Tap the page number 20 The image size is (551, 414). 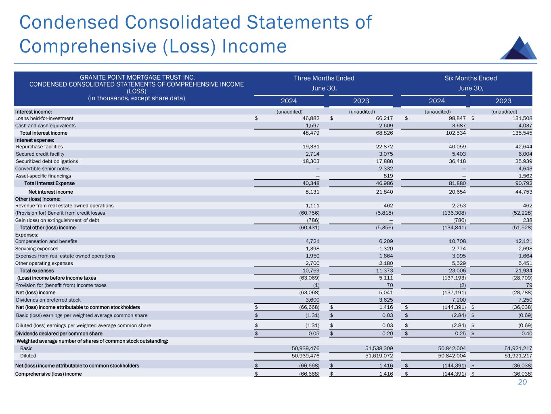pos(522,382)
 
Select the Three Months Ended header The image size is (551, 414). pos(324,78)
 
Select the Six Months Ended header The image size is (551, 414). pos(471,78)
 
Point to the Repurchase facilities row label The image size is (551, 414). pos(39,147)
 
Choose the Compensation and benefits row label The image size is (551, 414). pos(46,241)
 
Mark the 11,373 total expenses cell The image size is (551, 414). pos(384,270)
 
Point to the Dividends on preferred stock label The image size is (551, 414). pos(48,300)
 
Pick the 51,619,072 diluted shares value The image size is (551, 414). pos(376,356)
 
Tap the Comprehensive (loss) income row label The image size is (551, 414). pos(48,374)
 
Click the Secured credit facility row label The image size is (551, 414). pos(40,154)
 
